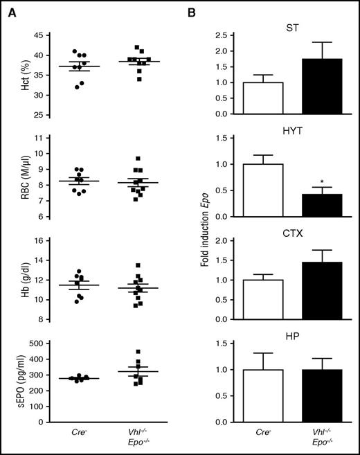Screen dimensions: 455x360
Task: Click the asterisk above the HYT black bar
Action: tap(322, 182)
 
